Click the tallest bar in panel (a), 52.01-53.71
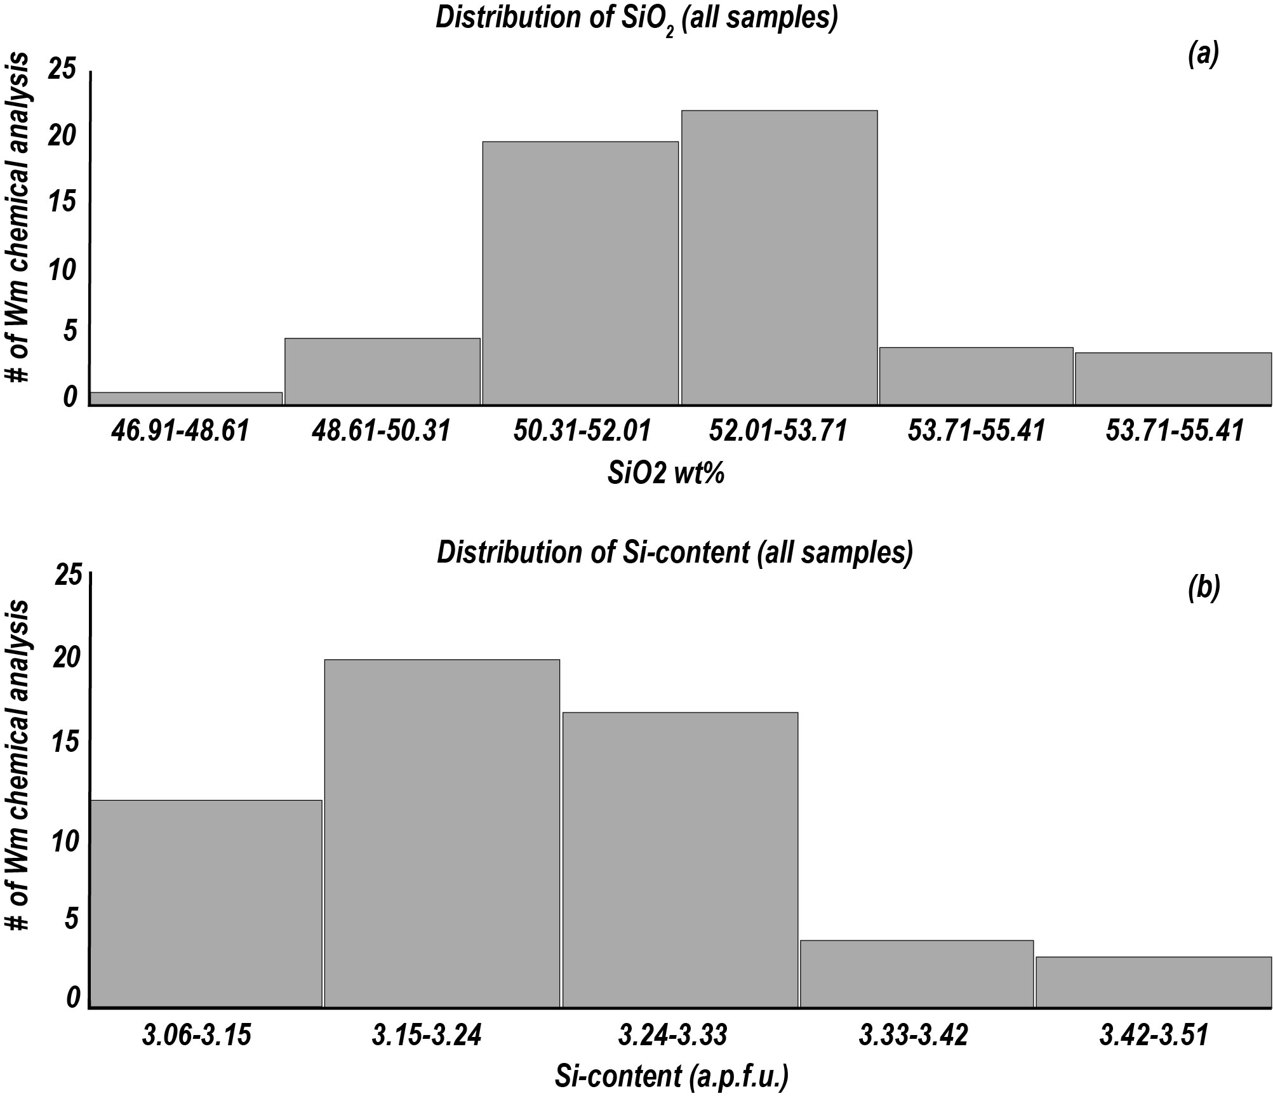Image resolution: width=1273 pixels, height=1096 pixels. pyautogui.click(x=779, y=257)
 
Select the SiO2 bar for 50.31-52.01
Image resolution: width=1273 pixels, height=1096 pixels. pyautogui.click(x=580, y=273)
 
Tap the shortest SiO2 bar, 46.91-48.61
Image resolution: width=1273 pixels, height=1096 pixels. pyautogui.click(x=187, y=398)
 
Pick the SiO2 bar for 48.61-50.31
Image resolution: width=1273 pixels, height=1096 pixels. pyautogui.click(x=382, y=371)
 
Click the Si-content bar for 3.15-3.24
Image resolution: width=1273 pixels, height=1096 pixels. pyautogui.click(x=442, y=833)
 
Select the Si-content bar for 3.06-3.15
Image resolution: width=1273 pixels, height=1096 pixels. pyautogui.click(x=206, y=904)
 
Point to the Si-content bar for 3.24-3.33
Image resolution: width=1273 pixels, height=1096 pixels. pyautogui.click(x=680, y=860)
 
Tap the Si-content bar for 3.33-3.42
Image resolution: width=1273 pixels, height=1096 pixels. pyautogui.click(x=916, y=973)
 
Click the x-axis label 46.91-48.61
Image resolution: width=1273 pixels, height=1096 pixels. pyautogui.click(x=180, y=432)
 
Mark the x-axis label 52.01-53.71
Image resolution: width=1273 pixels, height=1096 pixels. pyautogui.click(x=778, y=432)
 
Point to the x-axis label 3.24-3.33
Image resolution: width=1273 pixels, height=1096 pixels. pyautogui.click(x=672, y=1036)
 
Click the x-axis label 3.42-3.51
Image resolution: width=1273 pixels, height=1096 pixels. pyautogui.click(x=1153, y=1036)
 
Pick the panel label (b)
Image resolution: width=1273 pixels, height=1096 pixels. pyautogui.click(x=1203, y=589)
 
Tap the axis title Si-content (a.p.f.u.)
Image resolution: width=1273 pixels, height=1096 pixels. pyautogui.click(x=671, y=1076)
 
